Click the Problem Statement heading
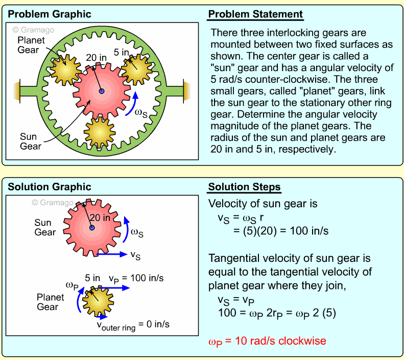(255, 14)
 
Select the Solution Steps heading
(244, 187)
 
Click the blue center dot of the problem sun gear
(102, 92)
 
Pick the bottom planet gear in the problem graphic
(100, 131)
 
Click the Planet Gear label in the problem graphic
(31, 45)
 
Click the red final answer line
(267, 340)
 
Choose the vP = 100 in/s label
(136, 278)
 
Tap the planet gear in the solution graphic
(98, 302)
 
